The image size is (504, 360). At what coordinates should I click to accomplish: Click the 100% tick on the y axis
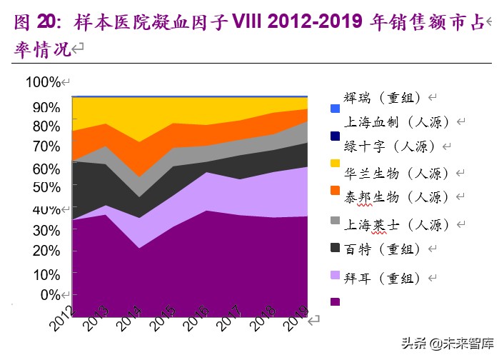[x=43, y=83]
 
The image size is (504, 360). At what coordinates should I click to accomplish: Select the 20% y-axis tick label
[x=46, y=251]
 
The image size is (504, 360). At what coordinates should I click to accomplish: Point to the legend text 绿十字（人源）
[x=390, y=147]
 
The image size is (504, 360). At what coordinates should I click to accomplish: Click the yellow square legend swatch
[x=336, y=164]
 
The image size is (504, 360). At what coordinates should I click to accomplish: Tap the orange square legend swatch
[x=336, y=191]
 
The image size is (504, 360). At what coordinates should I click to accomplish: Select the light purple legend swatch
[x=336, y=274]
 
